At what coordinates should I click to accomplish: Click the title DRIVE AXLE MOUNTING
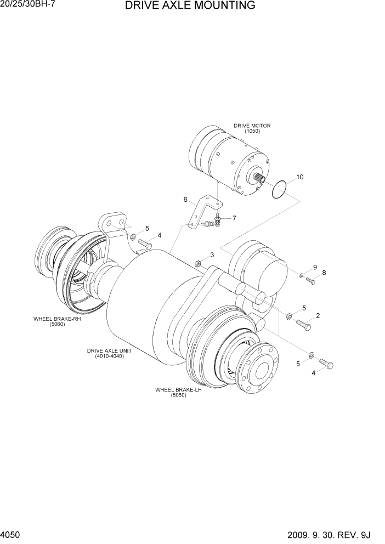tap(190, 6)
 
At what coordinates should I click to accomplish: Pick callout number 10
tap(299, 177)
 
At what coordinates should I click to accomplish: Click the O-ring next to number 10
tap(280, 190)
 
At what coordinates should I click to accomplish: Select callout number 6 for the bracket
tap(185, 200)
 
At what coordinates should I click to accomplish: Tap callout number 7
tap(234, 218)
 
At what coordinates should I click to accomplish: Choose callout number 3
tap(212, 255)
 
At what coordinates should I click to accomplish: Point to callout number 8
tap(324, 273)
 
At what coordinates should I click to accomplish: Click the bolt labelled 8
tap(310, 281)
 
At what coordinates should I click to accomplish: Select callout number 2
tap(318, 315)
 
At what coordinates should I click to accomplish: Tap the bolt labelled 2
tap(303, 325)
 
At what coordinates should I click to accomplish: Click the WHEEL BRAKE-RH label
tap(57, 321)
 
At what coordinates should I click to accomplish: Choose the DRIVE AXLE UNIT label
tap(109, 353)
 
